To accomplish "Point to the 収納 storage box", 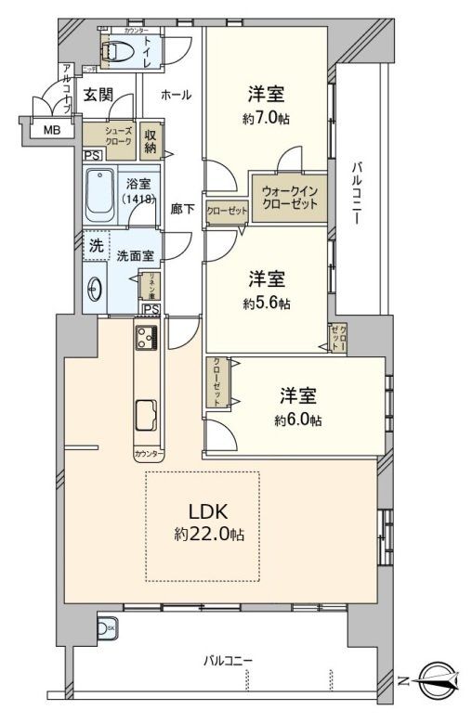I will (151, 142).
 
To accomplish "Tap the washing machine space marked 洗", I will (95, 246).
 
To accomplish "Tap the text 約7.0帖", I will (265, 118).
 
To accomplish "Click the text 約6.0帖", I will (297, 420).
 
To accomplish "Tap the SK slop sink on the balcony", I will (107, 629).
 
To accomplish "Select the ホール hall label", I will (176, 95).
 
